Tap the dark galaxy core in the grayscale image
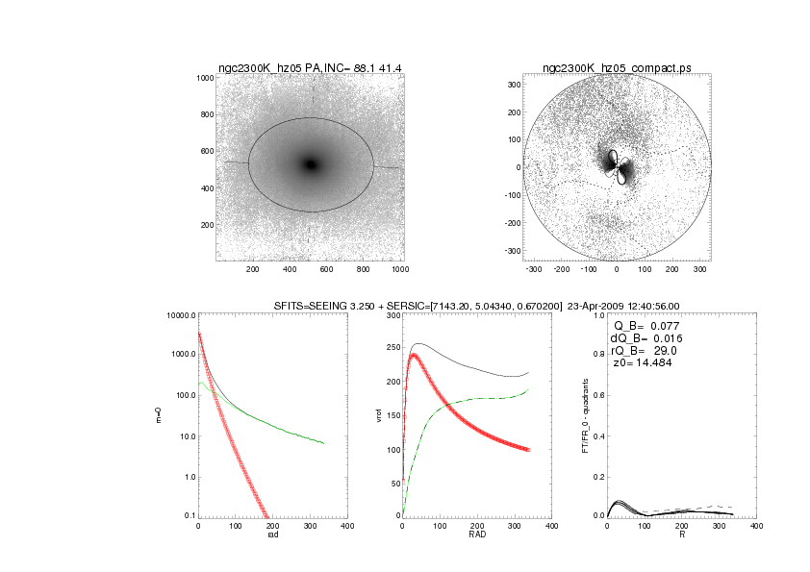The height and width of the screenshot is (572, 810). coord(310,164)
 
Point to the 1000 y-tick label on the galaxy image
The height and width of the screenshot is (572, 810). coord(204,78)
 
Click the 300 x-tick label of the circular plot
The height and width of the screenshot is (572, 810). coord(698,269)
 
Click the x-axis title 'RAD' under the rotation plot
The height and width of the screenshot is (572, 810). coord(477,535)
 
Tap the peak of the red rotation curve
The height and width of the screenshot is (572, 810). coord(415,355)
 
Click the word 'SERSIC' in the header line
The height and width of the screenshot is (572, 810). coord(407,306)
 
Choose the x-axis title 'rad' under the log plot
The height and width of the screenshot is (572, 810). coord(272,535)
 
